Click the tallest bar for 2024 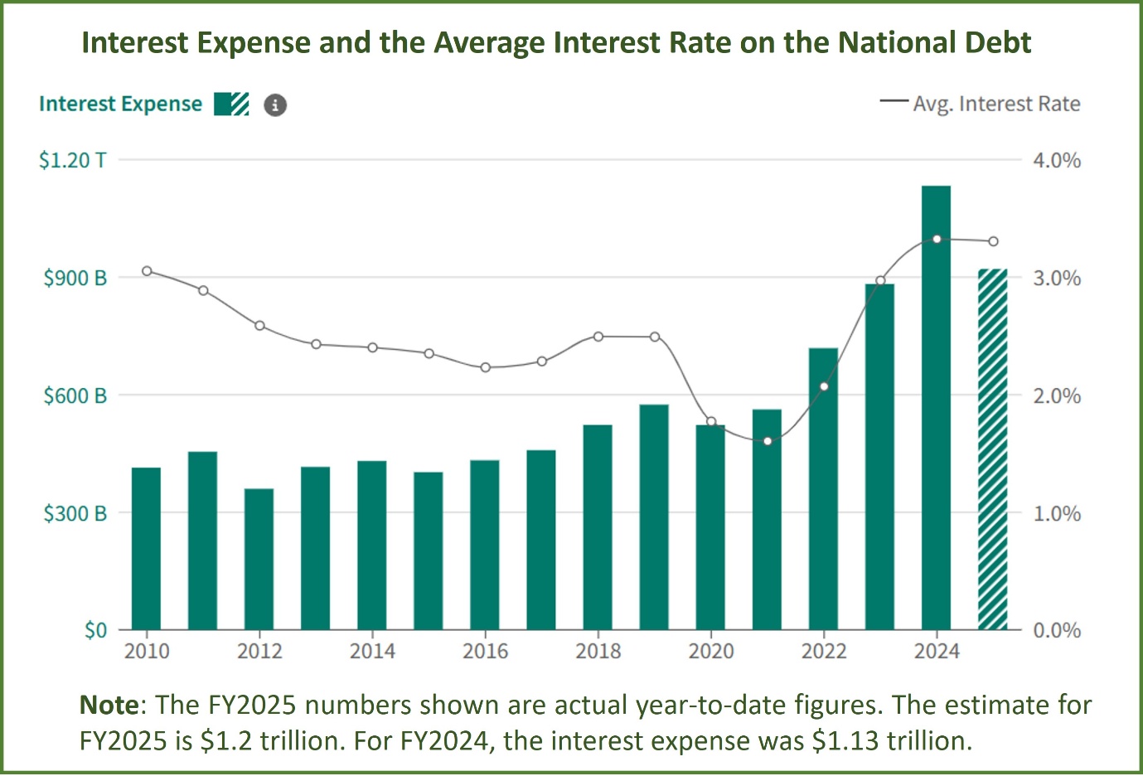click(x=936, y=407)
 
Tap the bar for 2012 click(x=259, y=559)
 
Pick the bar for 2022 click(x=823, y=489)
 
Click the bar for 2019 click(x=654, y=517)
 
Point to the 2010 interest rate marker click(x=147, y=271)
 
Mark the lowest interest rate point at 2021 click(x=768, y=441)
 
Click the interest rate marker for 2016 click(x=486, y=367)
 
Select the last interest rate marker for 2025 click(x=993, y=241)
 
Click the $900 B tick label click(x=75, y=278)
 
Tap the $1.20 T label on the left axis click(x=73, y=160)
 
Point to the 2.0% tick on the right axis click(x=1057, y=395)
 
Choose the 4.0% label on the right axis click(x=1057, y=160)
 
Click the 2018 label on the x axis click(x=598, y=651)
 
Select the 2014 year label click(x=372, y=651)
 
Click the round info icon click(x=275, y=105)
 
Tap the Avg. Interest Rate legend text click(x=996, y=104)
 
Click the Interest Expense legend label click(x=120, y=104)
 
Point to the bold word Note click(x=109, y=705)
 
